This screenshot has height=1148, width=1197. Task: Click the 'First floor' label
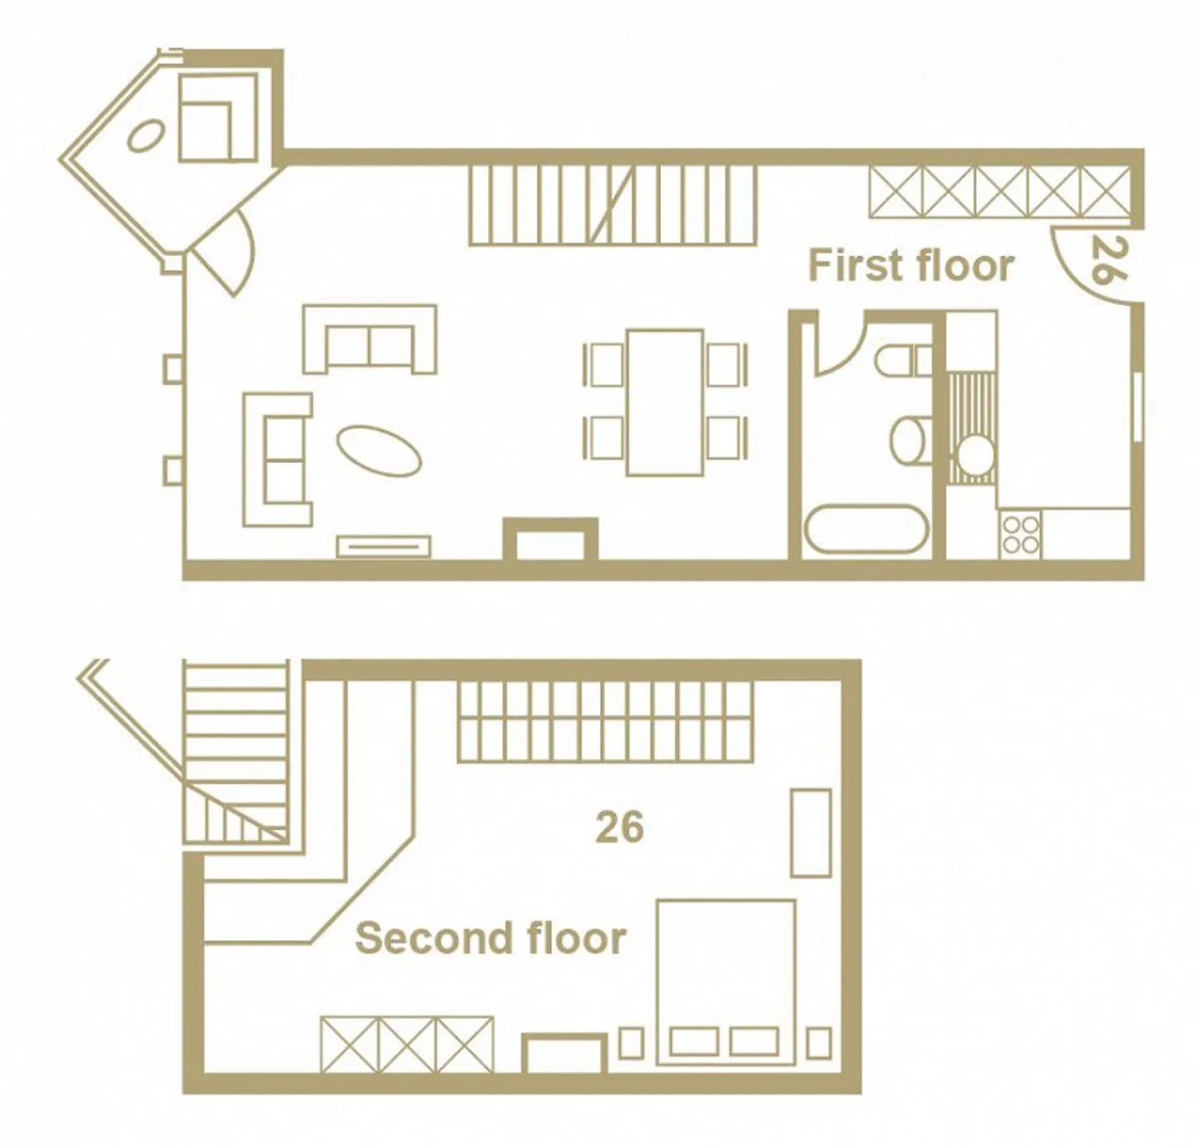pyautogui.click(x=911, y=265)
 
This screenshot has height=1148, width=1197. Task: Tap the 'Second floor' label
pyautogui.click(x=491, y=939)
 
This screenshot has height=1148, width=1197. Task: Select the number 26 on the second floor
pyautogui.click(x=619, y=827)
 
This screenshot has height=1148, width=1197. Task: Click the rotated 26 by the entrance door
pyautogui.click(x=1108, y=259)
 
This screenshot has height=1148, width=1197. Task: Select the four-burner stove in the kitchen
pyautogui.click(x=1021, y=534)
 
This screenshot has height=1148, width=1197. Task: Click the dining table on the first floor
pyautogui.click(x=664, y=402)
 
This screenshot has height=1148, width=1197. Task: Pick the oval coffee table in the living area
pyautogui.click(x=379, y=451)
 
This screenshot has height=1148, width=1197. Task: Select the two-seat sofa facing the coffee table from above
pyautogui.click(x=370, y=339)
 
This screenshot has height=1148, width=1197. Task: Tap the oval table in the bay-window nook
pyautogui.click(x=145, y=135)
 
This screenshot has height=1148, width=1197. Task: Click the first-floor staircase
pyautogui.click(x=613, y=206)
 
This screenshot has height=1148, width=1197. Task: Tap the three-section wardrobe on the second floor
pyautogui.click(x=407, y=1044)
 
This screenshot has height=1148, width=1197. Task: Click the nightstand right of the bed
pyautogui.click(x=819, y=1042)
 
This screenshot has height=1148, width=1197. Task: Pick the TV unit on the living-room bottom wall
pyautogui.click(x=383, y=546)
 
